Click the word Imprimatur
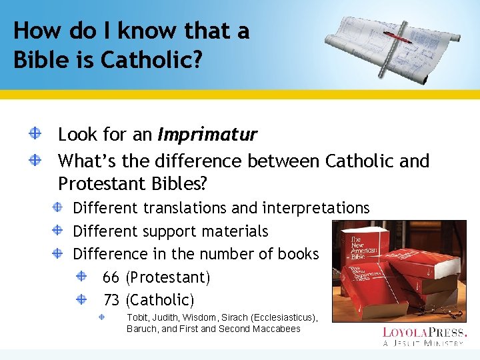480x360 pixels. tap(207, 135)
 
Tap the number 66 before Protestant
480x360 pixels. tap(111, 277)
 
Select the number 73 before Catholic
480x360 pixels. tap(111, 299)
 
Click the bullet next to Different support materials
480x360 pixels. tap(59, 231)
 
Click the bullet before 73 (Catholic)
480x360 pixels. tap(81, 299)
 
